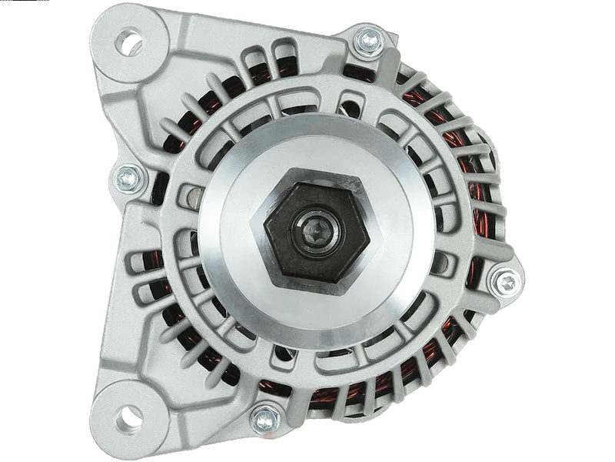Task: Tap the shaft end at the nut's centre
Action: (314, 230)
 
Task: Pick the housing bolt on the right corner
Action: (505, 283)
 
